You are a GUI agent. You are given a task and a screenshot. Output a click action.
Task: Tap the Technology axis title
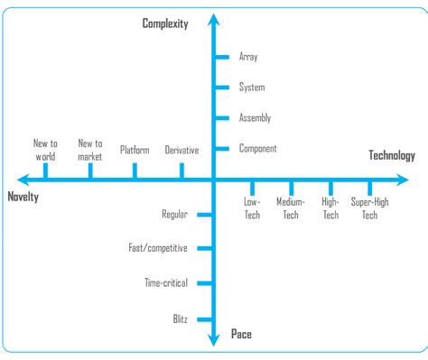(392, 155)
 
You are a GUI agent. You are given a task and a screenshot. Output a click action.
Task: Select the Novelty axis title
(23, 197)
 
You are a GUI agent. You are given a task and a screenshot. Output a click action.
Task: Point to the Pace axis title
(241, 335)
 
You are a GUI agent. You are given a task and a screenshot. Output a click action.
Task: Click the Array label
(248, 57)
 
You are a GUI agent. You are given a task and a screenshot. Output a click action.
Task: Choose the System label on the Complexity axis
(252, 88)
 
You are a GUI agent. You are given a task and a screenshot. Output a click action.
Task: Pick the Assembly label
(255, 118)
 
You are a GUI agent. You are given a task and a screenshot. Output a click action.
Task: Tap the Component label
(257, 149)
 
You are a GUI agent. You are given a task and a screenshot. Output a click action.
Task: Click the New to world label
(45, 150)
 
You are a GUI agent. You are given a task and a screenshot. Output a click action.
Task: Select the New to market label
(90, 150)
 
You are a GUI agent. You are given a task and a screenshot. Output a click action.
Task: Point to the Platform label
(135, 150)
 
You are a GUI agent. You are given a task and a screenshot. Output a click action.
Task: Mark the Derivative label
(181, 150)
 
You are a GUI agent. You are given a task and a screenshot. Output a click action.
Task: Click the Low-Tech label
(252, 208)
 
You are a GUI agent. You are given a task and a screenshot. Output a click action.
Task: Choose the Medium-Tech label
(291, 208)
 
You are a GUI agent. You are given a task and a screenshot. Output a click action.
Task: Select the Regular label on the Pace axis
(174, 215)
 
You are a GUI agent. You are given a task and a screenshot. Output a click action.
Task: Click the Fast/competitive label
(159, 246)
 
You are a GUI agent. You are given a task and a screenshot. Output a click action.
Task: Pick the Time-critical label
(166, 283)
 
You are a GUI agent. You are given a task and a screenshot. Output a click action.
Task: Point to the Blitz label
(181, 319)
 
